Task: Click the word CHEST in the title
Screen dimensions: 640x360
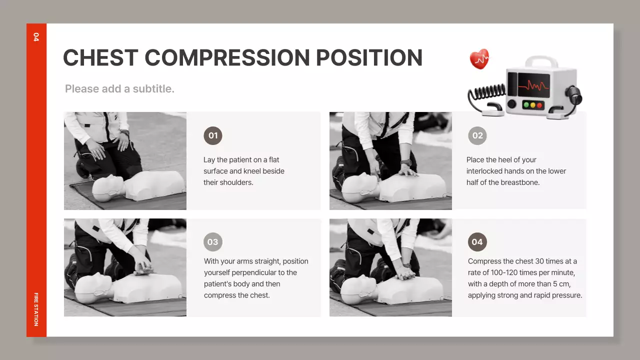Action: coord(100,57)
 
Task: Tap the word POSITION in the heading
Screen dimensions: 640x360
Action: coord(369,57)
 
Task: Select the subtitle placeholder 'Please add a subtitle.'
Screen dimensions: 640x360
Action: coord(119,89)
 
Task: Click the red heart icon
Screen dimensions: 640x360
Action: coord(479,59)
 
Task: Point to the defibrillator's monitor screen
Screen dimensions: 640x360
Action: coord(533,85)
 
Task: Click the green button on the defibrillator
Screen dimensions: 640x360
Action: coord(526,105)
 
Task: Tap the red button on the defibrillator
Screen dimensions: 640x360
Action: coord(539,105)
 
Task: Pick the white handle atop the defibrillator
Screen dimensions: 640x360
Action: coord(541,61)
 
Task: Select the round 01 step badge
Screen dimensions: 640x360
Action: coord(213,135)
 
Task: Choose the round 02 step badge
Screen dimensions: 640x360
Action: coord(477,135)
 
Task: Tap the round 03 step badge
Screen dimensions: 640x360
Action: coord(213,242)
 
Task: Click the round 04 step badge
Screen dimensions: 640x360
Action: coord(477,242)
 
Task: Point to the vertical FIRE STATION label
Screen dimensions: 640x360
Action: coord(36,309)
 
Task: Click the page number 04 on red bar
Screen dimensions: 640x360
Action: coord(36,37)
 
